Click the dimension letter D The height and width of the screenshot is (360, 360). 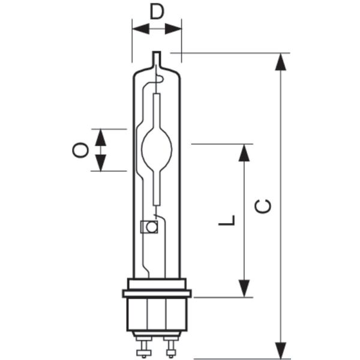point(157,12)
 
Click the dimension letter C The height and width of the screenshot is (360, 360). point(263,206)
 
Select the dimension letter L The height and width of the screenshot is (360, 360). point(227,220)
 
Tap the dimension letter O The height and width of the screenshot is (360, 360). point(80,150)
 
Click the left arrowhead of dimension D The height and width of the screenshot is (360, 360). point(141,29)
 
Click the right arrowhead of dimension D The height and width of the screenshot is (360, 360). point(173,29)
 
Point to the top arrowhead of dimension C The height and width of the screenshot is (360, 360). point(281,62)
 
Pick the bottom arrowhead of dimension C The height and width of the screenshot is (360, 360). point(281,350)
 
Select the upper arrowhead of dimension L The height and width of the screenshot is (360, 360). point(244,152)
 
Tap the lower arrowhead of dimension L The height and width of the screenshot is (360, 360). point(244,289)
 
